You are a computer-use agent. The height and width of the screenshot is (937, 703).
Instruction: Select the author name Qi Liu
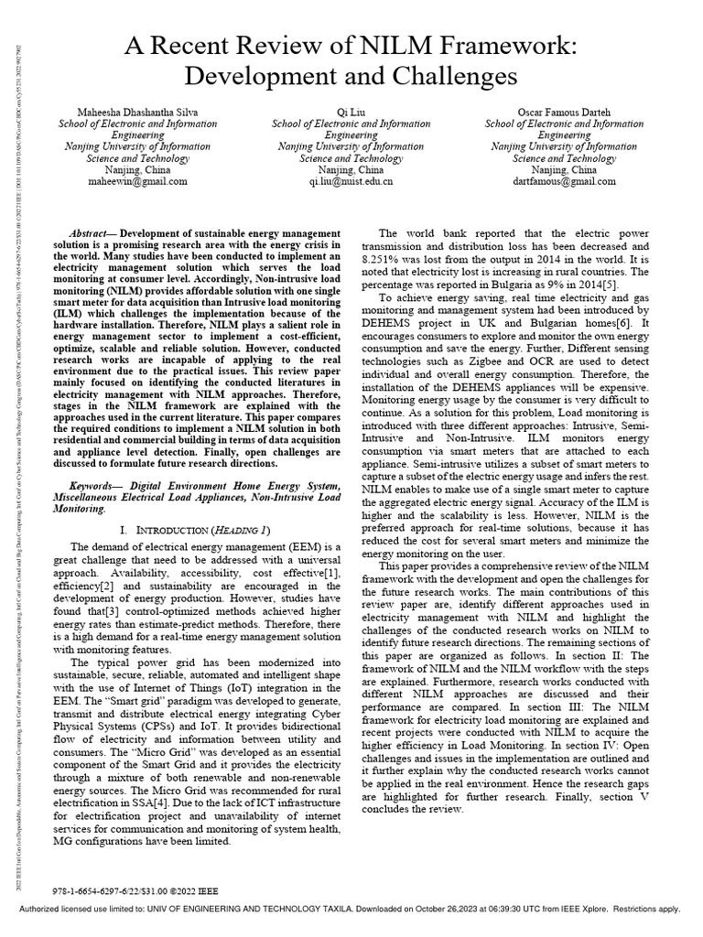(x=351, y=113)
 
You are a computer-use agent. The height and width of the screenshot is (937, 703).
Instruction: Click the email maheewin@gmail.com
(x=137, y=181)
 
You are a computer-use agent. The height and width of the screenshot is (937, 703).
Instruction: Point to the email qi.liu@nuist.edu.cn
(x=351, y=181)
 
